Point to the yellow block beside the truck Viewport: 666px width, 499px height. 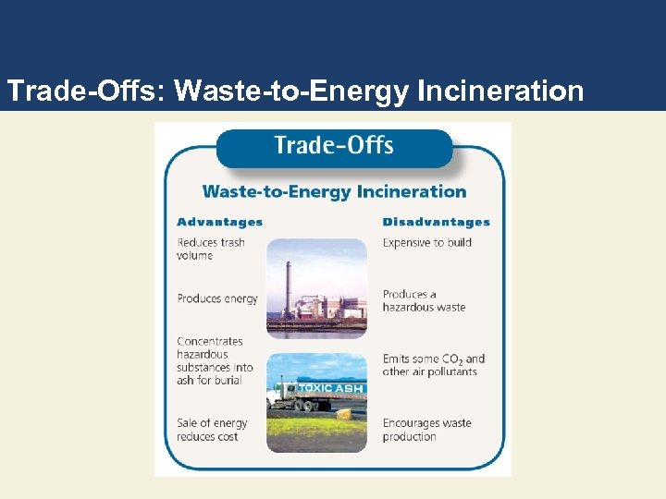tap(344, 414)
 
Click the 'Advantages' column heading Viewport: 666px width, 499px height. tap(219, 222)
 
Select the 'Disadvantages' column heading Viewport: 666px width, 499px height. tap(436, 222)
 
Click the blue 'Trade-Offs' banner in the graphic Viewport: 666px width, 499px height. tap(334, 146)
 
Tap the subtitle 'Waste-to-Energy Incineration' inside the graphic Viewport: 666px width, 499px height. tap(334, 191)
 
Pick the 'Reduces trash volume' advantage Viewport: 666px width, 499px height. tap(210, 249)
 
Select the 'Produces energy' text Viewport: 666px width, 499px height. tap(216, 298)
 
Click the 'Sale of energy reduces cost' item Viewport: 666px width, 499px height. tap(212, 430)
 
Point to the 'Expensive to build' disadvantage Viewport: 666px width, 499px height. tap(426, 242)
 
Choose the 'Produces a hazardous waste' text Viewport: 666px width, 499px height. tap(424, 300)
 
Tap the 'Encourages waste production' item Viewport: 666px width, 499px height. tap(426, 430)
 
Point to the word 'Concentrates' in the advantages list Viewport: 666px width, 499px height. tap(210, 341)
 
